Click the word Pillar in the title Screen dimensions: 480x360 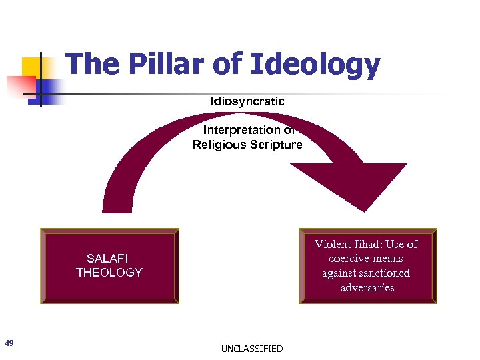coord(160,65)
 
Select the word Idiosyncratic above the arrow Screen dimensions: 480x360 coord(247,101)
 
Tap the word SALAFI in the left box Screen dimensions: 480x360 coord(108,258)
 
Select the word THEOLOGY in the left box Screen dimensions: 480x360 coord(109,272)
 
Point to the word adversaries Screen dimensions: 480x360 coord(367,288)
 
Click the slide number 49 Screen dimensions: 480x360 coord(9,343)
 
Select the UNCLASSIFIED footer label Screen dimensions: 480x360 coord(252,349)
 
